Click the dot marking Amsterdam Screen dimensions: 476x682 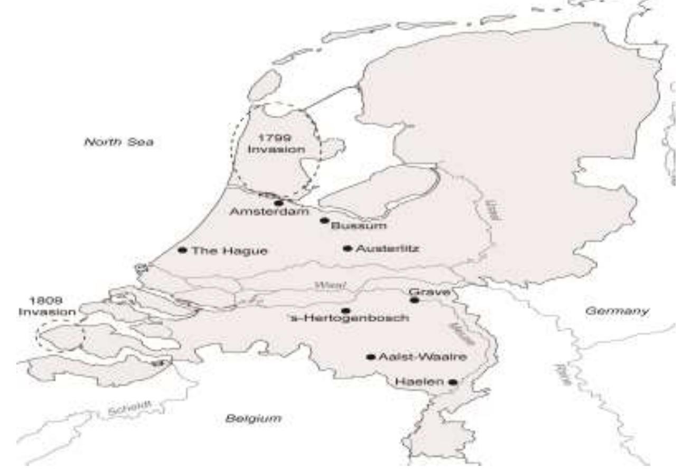coord(279,203)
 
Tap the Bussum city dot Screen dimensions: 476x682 coord(324,220)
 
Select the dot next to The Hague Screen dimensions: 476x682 coord(183,250)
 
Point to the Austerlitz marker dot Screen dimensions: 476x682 coord(347,248)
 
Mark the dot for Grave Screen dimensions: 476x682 coord(415,300)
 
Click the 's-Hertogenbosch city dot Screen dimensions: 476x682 coord(345,310)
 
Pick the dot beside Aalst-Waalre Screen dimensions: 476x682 coord(370,357)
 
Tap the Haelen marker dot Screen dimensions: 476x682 coord(453,381)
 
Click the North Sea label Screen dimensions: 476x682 coord(118,142)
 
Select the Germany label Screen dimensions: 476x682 coord(617,311)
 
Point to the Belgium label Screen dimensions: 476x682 coord(253,418)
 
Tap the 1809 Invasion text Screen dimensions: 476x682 coord(47,306)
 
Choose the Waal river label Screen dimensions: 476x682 coord(330,286)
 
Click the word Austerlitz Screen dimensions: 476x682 coord(387,249)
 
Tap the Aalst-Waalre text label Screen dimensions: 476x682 coord(423,357)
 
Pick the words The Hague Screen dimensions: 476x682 coord(229,251)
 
